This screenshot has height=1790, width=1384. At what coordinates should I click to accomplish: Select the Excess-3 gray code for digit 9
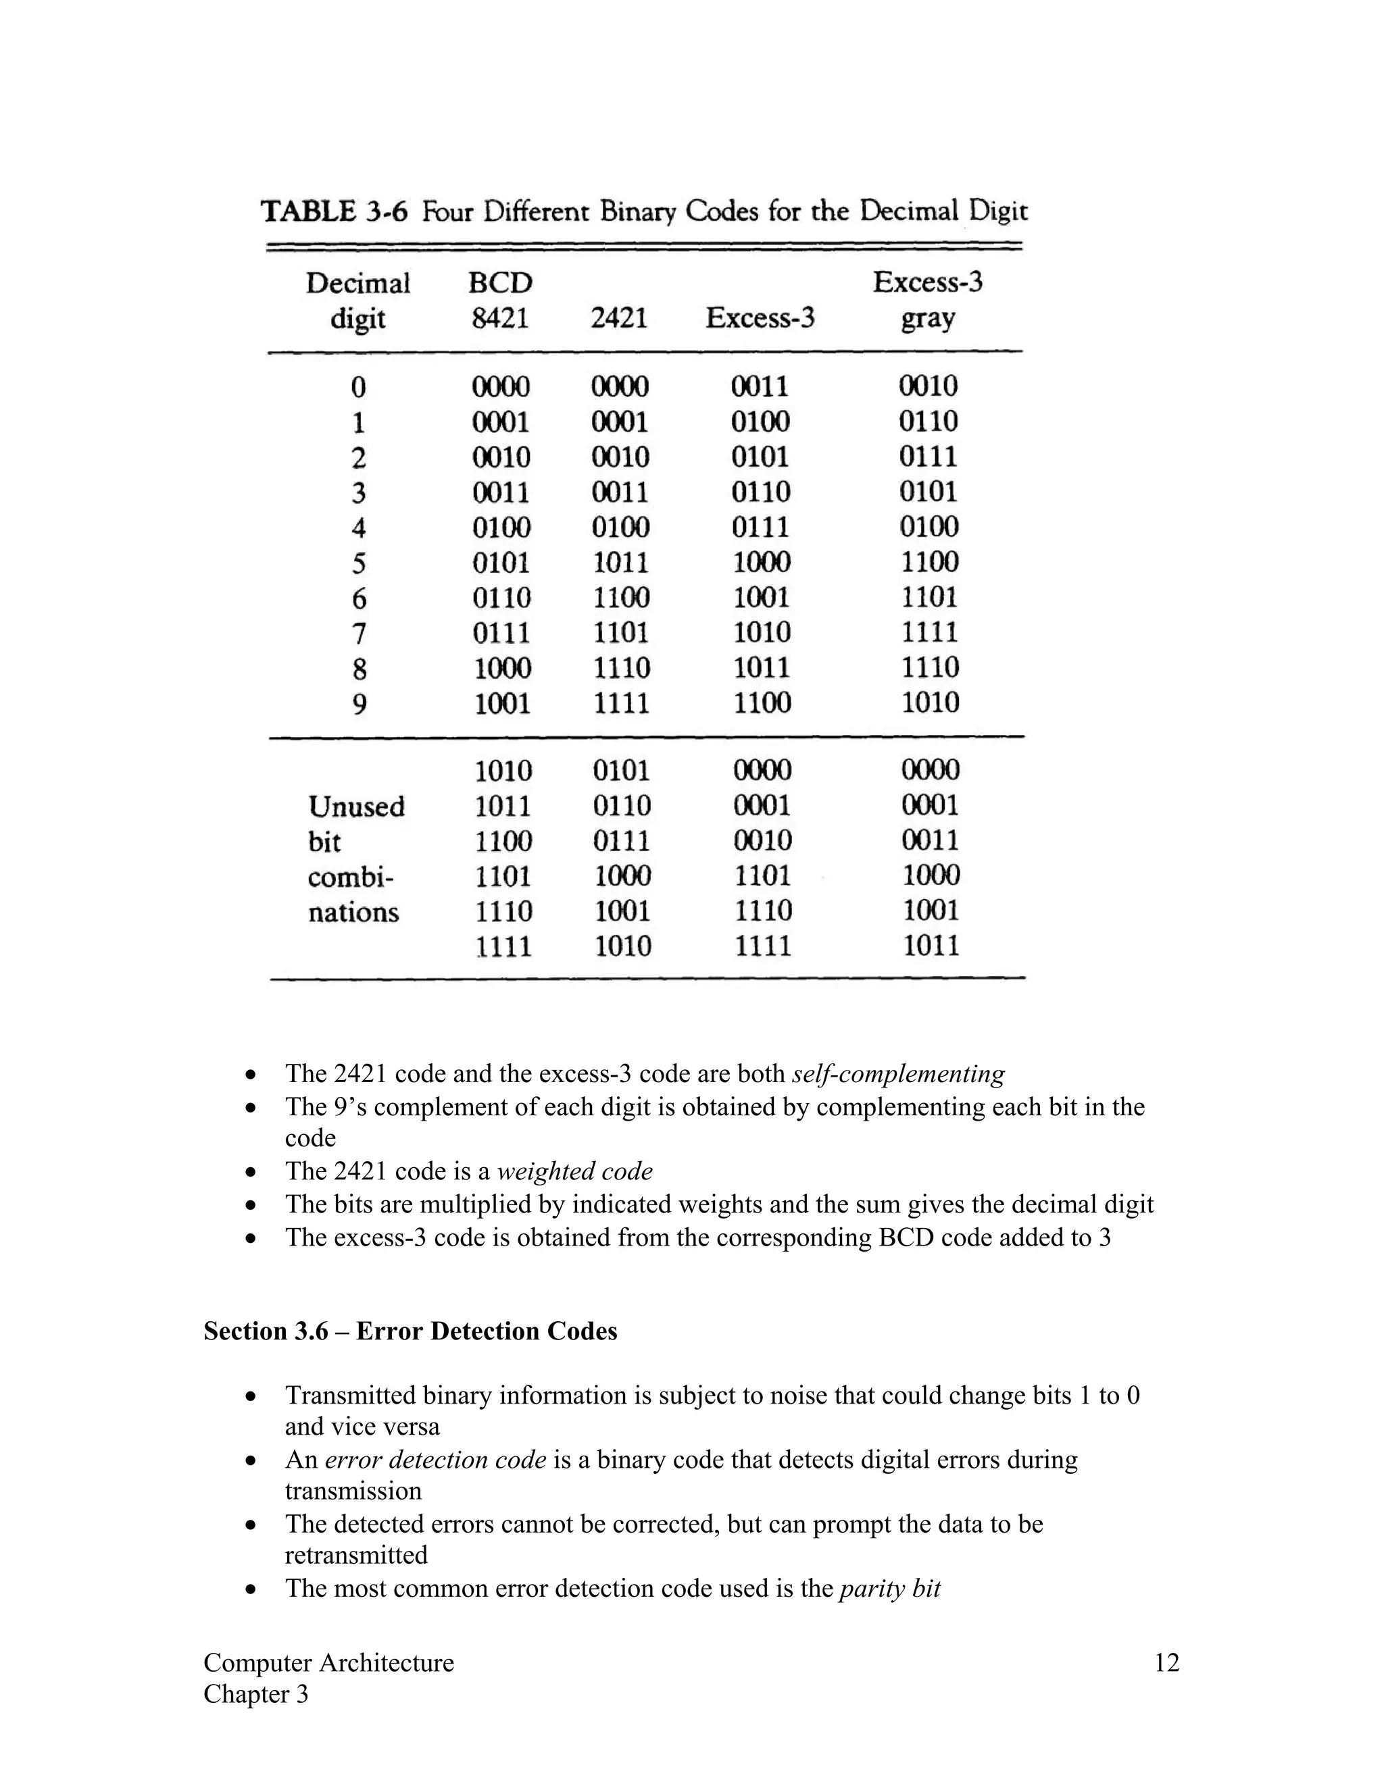coord(930,702)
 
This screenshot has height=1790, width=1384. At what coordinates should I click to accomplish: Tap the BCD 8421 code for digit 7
coord(501,633)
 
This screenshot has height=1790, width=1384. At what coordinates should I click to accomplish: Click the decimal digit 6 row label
coord(359,598)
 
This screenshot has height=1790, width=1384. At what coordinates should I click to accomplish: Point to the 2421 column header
coord(619,318)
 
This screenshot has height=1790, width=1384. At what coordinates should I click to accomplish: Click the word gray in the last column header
coord(927,319)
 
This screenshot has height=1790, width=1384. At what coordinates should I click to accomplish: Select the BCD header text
coord(500,283)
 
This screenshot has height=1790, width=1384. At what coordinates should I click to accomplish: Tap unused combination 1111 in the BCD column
coord(503,946)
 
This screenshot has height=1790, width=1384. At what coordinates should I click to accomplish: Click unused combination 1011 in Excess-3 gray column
coord(931,946)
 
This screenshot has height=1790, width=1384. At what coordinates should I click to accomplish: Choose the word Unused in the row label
coord(357,807)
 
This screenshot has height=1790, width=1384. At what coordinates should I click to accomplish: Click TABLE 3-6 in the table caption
coord(334,211)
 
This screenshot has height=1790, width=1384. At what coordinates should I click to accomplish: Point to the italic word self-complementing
coord(898,1074)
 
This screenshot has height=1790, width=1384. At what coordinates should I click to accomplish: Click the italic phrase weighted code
coord(575,1171)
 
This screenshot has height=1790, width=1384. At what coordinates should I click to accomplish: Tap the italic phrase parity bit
coord(889,1589)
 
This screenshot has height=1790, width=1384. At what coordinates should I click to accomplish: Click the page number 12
coord(1166,1663)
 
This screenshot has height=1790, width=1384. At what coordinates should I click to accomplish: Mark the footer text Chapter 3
coord(256,1694)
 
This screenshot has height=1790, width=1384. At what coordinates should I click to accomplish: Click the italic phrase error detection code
coord(435,1460)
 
